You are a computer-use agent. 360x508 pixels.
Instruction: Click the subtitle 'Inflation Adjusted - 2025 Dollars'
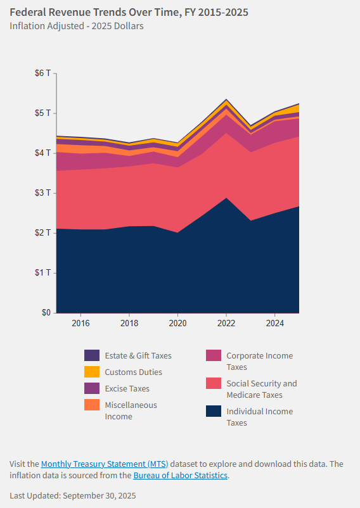tap(77, 26)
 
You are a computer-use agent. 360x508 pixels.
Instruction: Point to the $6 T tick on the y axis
tap(43, 73)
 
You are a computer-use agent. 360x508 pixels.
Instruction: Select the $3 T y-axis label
tap(43, 193)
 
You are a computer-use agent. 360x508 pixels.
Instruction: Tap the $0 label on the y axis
tap(46, 312)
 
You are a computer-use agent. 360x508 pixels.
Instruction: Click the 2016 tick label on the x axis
tap(80, 322)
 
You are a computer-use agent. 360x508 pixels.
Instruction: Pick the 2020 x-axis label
tap(177, 322)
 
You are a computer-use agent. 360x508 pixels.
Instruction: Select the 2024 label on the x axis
tap(274, 322)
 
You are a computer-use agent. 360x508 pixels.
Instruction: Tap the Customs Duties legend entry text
tap(133, 372)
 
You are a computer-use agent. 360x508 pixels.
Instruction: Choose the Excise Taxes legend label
tap(127, 388)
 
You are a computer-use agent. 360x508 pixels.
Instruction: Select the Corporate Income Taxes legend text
tap(259, 361)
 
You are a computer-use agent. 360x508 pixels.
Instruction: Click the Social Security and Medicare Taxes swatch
tap(214, 383)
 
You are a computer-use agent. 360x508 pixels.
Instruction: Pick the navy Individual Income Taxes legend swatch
tap(214, 411)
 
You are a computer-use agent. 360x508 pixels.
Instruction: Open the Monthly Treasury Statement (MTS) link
tap(105, 464)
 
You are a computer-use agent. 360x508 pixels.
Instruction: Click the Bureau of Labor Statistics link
tap(180, 475)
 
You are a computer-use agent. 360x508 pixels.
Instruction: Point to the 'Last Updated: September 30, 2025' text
tap(72, 495)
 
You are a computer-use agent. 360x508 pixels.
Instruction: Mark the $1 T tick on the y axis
tap(43, 272)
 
